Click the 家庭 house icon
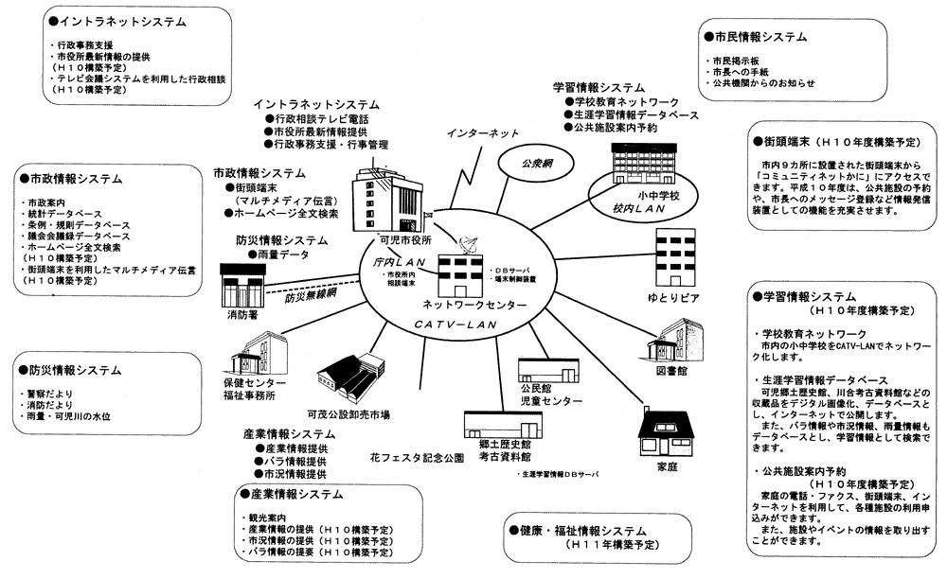667,434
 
